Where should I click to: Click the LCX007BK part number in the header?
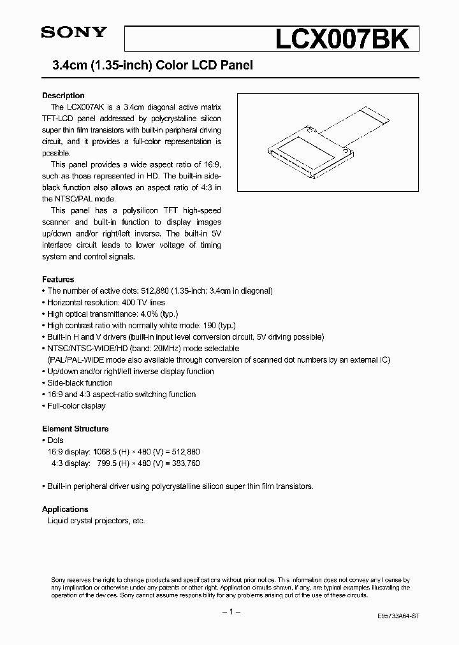tap(341, 40)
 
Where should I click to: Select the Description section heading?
tap(63, 96)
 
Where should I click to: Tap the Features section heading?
tap(58, 279)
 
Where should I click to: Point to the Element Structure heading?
tap(75, 429)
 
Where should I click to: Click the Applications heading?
tap(65, 509)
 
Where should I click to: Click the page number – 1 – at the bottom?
tap(229, 612)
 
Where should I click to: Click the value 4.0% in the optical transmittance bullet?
tap(149, 314)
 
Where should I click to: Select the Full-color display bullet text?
tap(76, 406)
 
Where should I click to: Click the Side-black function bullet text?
tap(80, 383)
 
